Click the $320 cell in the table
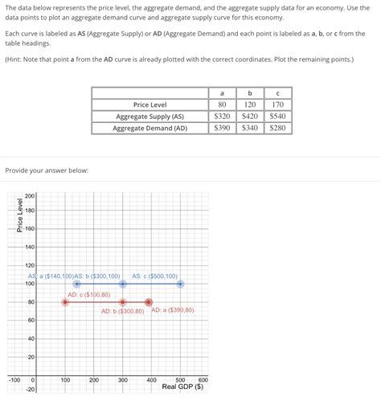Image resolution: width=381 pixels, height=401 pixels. coord(222,116)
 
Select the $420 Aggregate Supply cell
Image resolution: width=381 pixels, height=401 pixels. coord(250,116)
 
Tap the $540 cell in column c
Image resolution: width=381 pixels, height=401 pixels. coord(277,116)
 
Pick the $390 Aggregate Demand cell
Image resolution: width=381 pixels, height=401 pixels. coord(222,128)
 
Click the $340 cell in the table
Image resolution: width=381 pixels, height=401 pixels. coord(250,128)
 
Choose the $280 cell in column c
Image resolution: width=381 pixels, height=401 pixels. coord(277,128)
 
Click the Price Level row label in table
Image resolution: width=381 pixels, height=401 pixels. coord(150,104)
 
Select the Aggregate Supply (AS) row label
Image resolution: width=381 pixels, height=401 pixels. coord(150,116)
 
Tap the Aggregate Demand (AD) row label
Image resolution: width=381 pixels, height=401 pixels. coord(150,128)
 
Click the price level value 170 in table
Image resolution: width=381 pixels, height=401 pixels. coord(277,104)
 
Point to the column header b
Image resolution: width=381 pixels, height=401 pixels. coord(250,92)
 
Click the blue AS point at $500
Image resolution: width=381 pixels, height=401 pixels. coord(180,284)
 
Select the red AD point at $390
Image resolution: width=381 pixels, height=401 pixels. coord(149,302)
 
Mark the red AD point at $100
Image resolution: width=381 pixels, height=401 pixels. coord(65,302)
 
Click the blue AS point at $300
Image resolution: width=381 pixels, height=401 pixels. coord(123,284)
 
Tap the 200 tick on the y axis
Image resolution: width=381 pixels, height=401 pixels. coord(29,196)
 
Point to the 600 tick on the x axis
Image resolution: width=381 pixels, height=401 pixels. coord(203,379)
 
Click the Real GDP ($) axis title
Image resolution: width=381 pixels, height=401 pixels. coord(182,387)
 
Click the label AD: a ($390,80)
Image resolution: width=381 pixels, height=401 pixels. coord(171,311)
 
